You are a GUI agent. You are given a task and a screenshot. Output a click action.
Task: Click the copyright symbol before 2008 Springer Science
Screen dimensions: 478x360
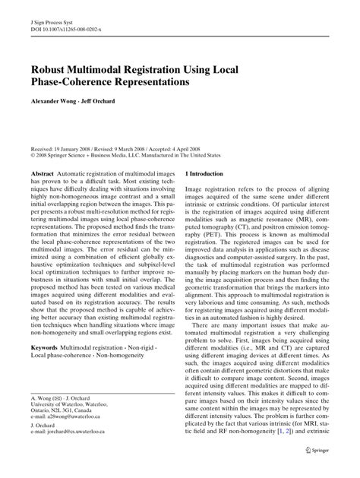(x=33, y=157)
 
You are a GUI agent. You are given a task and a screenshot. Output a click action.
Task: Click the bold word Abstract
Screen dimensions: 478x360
(x=43, y=175)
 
